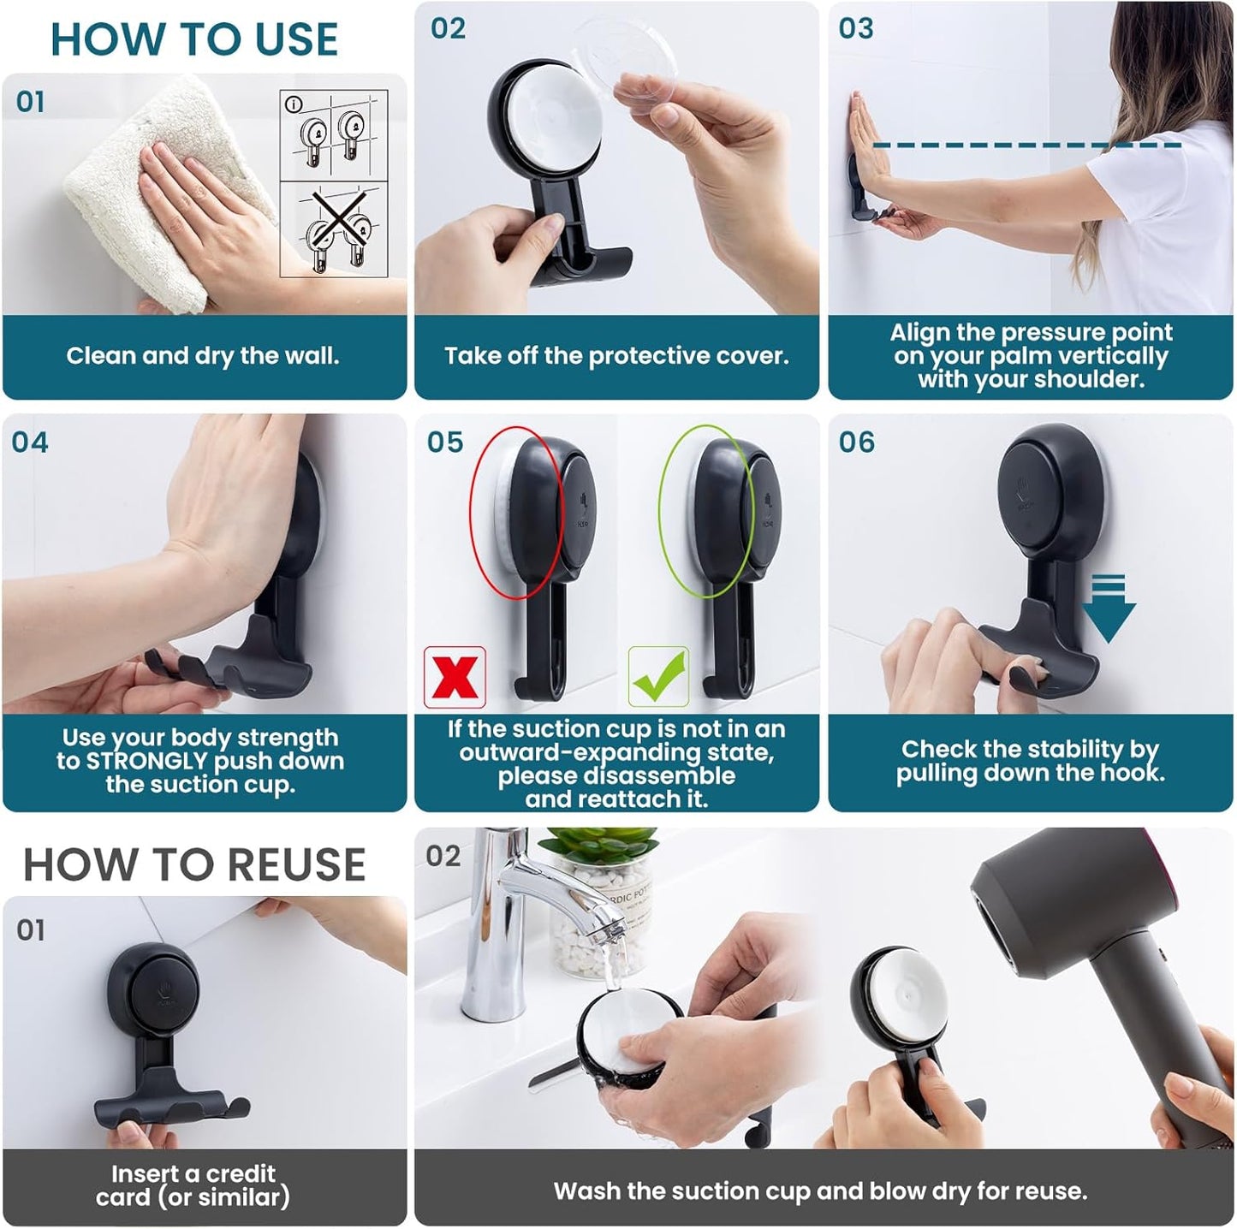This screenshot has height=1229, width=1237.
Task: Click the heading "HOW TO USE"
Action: tap(194, 39)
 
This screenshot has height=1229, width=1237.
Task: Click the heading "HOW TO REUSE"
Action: tap(194, 864)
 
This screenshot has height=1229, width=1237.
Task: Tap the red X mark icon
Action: tap(455, 677)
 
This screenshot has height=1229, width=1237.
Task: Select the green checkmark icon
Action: tap(658, 676)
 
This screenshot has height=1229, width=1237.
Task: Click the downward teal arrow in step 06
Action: tap(1108, 609)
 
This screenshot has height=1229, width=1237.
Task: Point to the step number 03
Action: tap(856, 28)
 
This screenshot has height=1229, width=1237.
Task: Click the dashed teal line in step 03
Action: tap(1027, 145)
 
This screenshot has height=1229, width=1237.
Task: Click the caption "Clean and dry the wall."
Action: tap(203, 356)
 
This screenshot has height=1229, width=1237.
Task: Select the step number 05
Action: tap(445, 442)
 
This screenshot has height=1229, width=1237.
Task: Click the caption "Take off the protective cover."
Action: tap(616, 356)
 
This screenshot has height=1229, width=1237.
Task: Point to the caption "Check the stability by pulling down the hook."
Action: tap(1030, 761)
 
